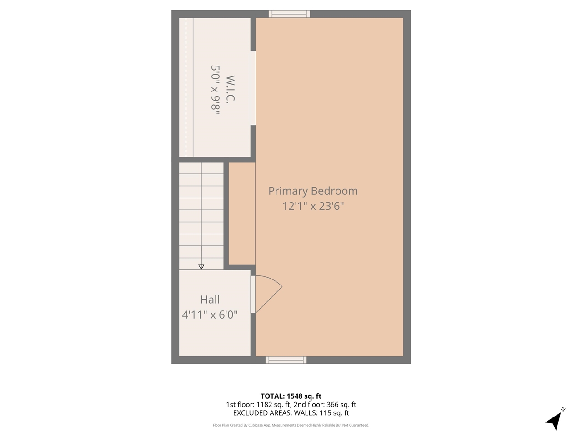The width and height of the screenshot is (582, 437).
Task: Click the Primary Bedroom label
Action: (313, 191)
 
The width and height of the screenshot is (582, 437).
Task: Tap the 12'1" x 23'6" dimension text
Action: (313, 206)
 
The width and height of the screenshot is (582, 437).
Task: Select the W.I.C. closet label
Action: (230, 89)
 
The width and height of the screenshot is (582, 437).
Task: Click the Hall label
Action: (210, 300)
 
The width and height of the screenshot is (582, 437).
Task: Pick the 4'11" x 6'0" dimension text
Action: (210, 315)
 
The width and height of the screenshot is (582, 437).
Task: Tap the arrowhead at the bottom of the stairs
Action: (201, 267)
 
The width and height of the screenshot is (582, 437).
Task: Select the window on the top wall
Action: (289, 14)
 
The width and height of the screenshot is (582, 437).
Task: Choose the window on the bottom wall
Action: (286, 360)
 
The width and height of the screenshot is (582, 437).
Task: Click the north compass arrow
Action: (553, 421)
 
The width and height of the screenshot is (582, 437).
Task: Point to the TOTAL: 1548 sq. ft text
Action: (291, 396)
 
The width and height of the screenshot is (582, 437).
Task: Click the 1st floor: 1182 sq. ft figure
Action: (258, 405)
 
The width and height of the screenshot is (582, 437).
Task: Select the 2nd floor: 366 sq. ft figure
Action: (325, 405)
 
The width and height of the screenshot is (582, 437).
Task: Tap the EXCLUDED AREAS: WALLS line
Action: (291, 413)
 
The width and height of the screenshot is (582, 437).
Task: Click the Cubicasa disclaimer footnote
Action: (291, 425)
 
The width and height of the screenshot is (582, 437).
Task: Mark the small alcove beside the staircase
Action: (241, 213)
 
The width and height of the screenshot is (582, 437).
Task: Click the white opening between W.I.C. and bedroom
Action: (253, 88)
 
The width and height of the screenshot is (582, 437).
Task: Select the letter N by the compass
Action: (563, 410)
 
